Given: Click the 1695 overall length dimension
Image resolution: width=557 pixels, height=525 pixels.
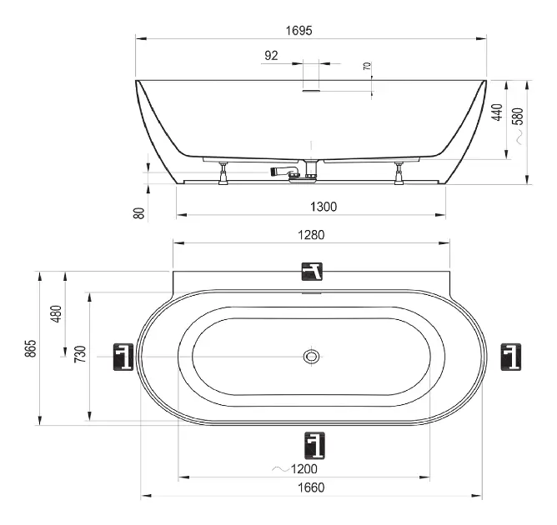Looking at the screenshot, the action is [299, 31].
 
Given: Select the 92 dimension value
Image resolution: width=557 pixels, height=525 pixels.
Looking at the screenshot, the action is [271, 56].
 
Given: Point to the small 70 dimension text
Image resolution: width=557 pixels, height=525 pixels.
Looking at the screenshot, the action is [368, 66].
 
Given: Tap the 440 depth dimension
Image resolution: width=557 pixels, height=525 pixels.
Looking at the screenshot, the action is [497, 112].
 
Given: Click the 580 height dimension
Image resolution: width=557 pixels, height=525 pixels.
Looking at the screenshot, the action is [519, 116].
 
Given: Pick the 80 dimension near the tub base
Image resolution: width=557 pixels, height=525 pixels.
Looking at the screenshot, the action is [139, 213].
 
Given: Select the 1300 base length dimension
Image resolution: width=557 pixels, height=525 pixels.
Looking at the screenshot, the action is [324, 207].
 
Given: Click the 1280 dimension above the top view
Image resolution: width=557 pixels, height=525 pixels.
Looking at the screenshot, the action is [311, 235].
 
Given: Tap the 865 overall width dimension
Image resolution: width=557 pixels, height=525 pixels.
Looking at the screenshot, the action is [31, 348].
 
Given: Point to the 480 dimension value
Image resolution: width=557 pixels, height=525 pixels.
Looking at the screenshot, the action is [57, 314].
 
